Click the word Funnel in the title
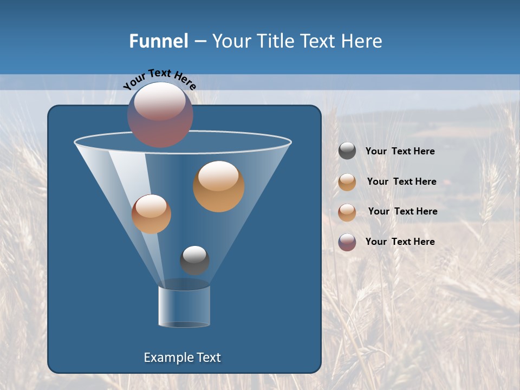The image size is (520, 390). click(158, 41)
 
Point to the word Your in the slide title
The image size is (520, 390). click(230, 41)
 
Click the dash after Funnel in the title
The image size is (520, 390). click(200, 42)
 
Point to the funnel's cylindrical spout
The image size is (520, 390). click(184, 306)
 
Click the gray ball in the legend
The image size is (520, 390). click(347, 151)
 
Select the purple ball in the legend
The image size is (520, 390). click(347, 242)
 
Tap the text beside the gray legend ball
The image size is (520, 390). click(400, 151)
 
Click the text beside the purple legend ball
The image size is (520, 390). click(400, 242)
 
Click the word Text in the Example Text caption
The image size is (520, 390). click(209, 357)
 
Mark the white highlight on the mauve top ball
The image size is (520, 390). click(160, 101)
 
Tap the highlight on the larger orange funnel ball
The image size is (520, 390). click(218, 175)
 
